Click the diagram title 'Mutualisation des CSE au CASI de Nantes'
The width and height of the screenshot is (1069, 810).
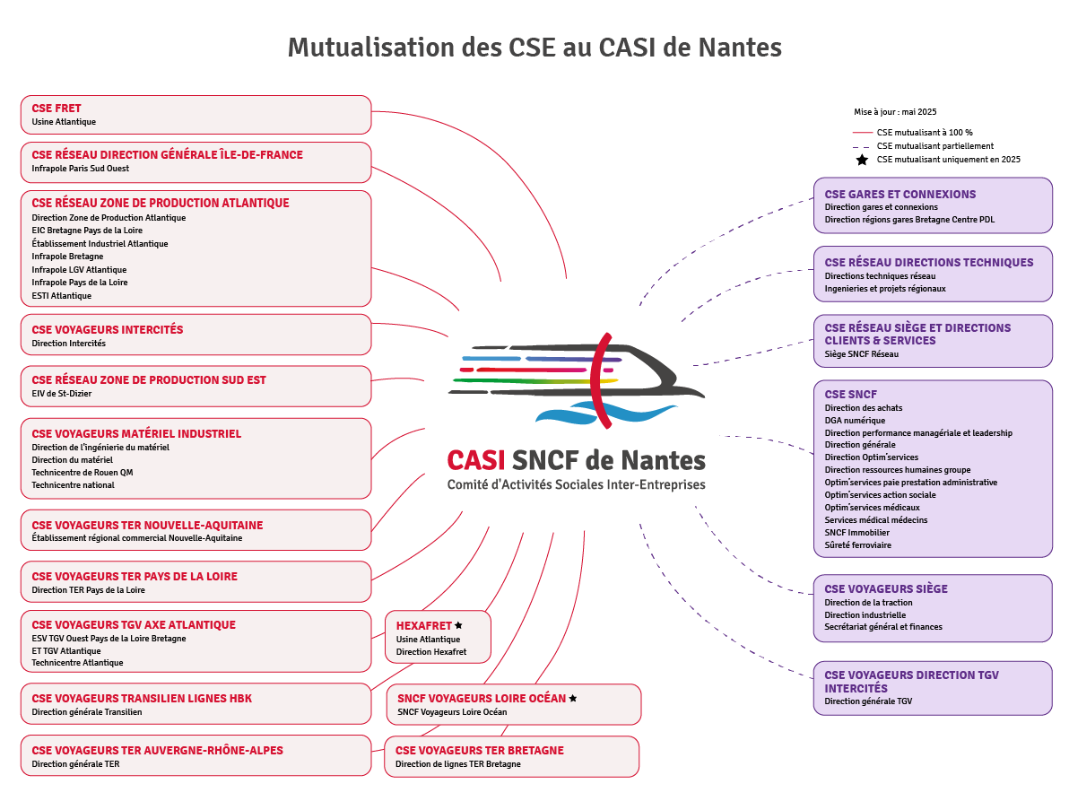pyautogui.click(x=534, y=47)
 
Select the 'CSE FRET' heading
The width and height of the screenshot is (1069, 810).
pyautogui.click(x=56, y=109)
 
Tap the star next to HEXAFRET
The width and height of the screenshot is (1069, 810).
pyautogui.click(x=458, y=625)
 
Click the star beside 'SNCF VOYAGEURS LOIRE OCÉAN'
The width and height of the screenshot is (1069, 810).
pyautogui.click(x=573, y=698)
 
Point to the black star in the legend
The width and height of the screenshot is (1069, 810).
pyautogui.click(x=862, y=160)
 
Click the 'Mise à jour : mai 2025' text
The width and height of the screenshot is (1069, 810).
pyautogui.click(x=895, y=112)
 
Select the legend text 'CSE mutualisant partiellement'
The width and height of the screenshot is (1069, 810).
pyautogui.click(x=934, y=145)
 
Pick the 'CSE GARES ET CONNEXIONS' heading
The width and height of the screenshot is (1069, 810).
pyautogui.click(x=900, y=194)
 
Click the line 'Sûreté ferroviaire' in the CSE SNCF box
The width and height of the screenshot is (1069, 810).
pyautogui.click(x=857, y=544)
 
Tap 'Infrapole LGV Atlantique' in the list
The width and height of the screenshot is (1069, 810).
pyautogui.click(x=79, y=269)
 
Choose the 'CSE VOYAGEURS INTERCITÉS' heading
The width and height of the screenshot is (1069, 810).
pyautogui.click(x=107, y=329)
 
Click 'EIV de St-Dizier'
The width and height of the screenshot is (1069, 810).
pyautogui.click(x=62, y=393)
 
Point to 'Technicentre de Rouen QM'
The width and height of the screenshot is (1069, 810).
pyautogui.click(x=83, y=472)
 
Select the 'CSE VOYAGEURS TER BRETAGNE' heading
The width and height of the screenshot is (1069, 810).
pyautogui.click(x=479, y=750)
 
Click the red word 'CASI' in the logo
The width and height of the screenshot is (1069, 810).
pyautogui.click(x=476, y=460)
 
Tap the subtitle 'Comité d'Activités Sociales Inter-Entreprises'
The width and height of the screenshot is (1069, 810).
pyautogui.click(x=576, y=484)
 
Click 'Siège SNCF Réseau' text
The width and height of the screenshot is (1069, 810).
pyautogui.click(x=861, y=353)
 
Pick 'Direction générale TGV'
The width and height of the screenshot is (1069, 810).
pyautogui.click(x=868, y=701)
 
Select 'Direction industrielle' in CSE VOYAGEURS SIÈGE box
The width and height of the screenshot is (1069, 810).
pyautogui.click(x=865, y=614)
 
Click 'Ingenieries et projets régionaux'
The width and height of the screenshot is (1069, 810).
pyautogui.click(x=884, y=288)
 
